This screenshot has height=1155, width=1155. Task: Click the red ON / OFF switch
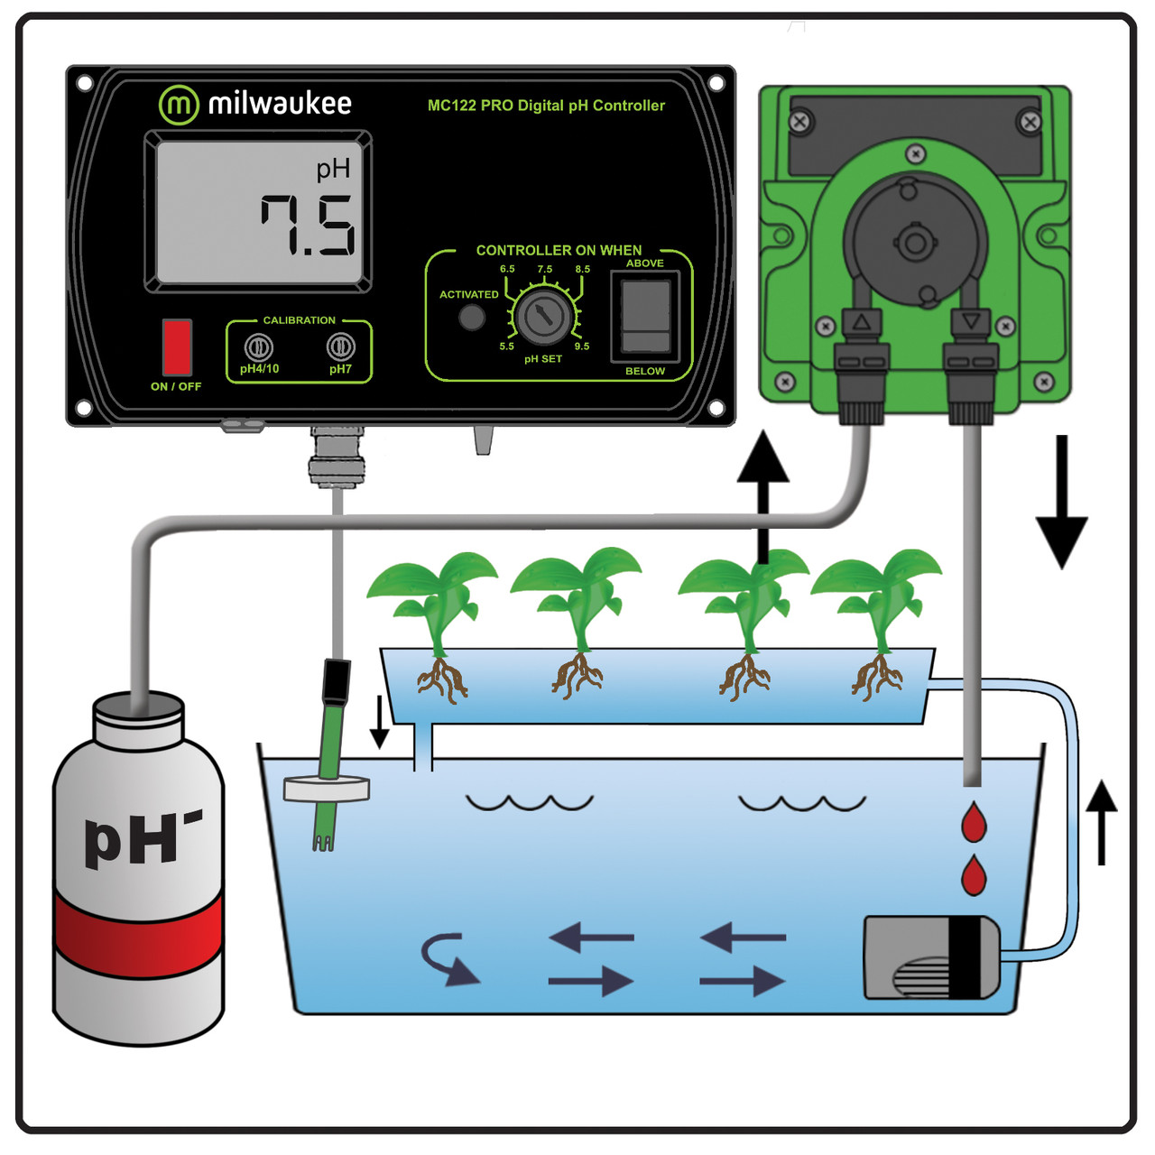click(177, 346)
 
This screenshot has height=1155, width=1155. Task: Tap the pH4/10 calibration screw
click(259, 346)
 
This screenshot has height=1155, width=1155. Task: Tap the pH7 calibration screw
click(340, 346)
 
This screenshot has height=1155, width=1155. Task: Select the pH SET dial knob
click(543, 316)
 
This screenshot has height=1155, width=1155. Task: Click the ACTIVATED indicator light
click(472, 318)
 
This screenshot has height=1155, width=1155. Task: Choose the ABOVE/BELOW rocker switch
click(646, 316)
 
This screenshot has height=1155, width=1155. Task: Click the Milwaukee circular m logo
click(179, 105)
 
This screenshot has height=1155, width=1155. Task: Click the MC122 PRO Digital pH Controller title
click(546, 106)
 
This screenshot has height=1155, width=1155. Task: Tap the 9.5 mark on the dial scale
click(582, 346)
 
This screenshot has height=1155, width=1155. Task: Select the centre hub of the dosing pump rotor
click(914, 242)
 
